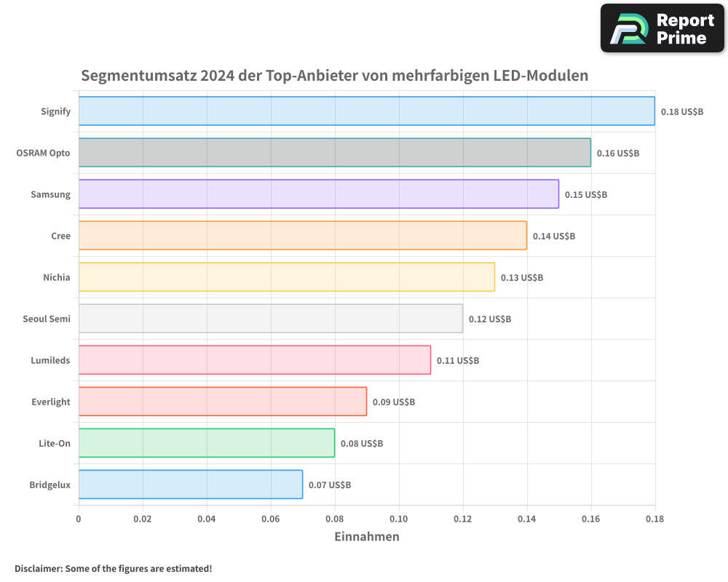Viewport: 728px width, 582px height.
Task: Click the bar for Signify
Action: [x=366, y=111]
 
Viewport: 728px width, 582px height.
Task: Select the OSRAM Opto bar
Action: [x=334, y=153]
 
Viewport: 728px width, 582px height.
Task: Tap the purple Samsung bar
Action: [x=318, y=194]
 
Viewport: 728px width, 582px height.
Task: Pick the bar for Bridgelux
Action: [x=190, y=485]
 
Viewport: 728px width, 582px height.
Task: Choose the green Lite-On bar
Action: [x=206, y=443]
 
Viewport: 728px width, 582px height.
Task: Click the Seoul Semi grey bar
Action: [x=270, y=319]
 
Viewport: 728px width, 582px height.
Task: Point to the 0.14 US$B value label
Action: [x=553, y=236]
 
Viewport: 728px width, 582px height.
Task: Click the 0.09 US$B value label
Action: [x=393, y=402]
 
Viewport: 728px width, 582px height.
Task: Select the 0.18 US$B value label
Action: [x=681, y=112]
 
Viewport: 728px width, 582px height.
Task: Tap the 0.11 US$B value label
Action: [x=457, y=361]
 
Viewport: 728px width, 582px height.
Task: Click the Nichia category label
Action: [x=57, y=277]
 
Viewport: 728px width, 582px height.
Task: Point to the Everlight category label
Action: [x=51, y=402]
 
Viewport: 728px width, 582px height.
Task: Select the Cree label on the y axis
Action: [x=60, y=236]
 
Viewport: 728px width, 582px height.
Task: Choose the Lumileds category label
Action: [x=51, y=360]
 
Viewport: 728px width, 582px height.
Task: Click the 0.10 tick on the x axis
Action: [x=398, y=519]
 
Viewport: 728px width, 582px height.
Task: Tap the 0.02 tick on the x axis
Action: [x=143, y=519]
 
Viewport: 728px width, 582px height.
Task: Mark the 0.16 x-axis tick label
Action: [x=590, y=519]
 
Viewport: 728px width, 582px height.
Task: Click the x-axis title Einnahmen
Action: [x=366, y=537]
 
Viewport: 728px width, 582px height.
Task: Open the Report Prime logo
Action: [x=662, y=28]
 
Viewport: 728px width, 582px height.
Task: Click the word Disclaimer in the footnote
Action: [x=37, y=568]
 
